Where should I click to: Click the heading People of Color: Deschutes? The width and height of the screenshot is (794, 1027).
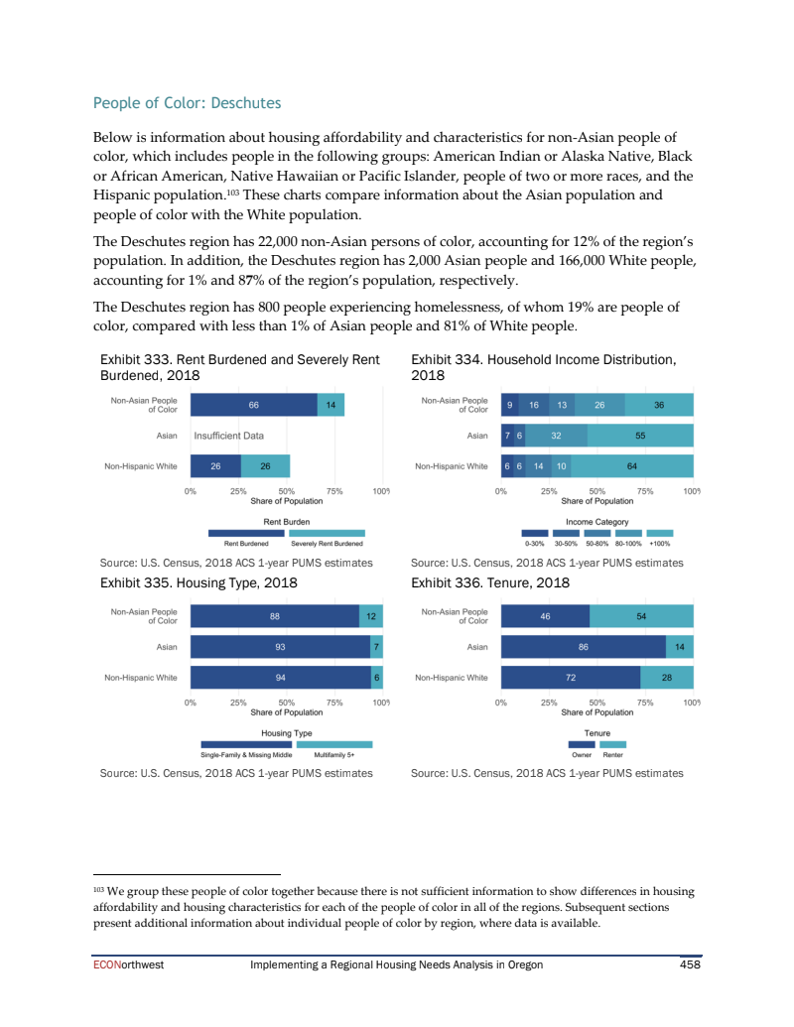pos(187,103)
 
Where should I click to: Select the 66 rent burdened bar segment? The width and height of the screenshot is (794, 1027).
pos(253,405)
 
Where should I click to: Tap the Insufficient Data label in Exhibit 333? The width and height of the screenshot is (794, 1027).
pos(228,435)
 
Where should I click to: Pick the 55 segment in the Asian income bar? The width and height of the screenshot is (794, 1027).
pos(640,435)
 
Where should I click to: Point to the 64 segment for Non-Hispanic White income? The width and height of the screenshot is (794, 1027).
pos(631,465)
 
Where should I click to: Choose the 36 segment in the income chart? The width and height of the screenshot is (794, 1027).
pos(659,405)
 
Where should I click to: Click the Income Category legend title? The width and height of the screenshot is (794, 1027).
pos(596,521)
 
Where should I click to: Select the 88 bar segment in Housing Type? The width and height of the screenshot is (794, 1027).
pos(274,616)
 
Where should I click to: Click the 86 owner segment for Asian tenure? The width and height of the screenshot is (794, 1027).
pos(584,647)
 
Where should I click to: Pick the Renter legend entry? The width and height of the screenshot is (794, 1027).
pos(612,754)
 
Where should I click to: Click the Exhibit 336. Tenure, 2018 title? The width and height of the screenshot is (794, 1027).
pos(489,582)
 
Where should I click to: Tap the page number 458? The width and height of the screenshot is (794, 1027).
pos(690,963)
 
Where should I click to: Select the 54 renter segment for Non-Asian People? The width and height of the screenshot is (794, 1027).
pos(641,616)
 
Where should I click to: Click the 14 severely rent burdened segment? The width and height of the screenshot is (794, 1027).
pos(331,405)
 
